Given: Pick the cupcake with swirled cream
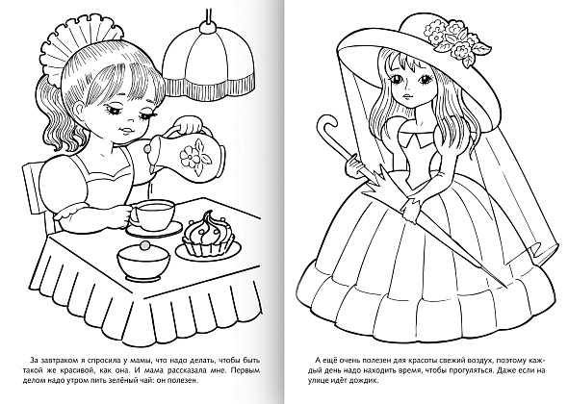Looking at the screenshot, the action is (208, 234).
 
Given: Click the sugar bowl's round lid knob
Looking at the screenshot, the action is (144, 245).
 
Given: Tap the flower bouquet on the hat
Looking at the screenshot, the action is (456, 39).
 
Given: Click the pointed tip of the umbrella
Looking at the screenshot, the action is (506, 287).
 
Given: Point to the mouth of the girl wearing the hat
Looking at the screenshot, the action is (407, 96).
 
